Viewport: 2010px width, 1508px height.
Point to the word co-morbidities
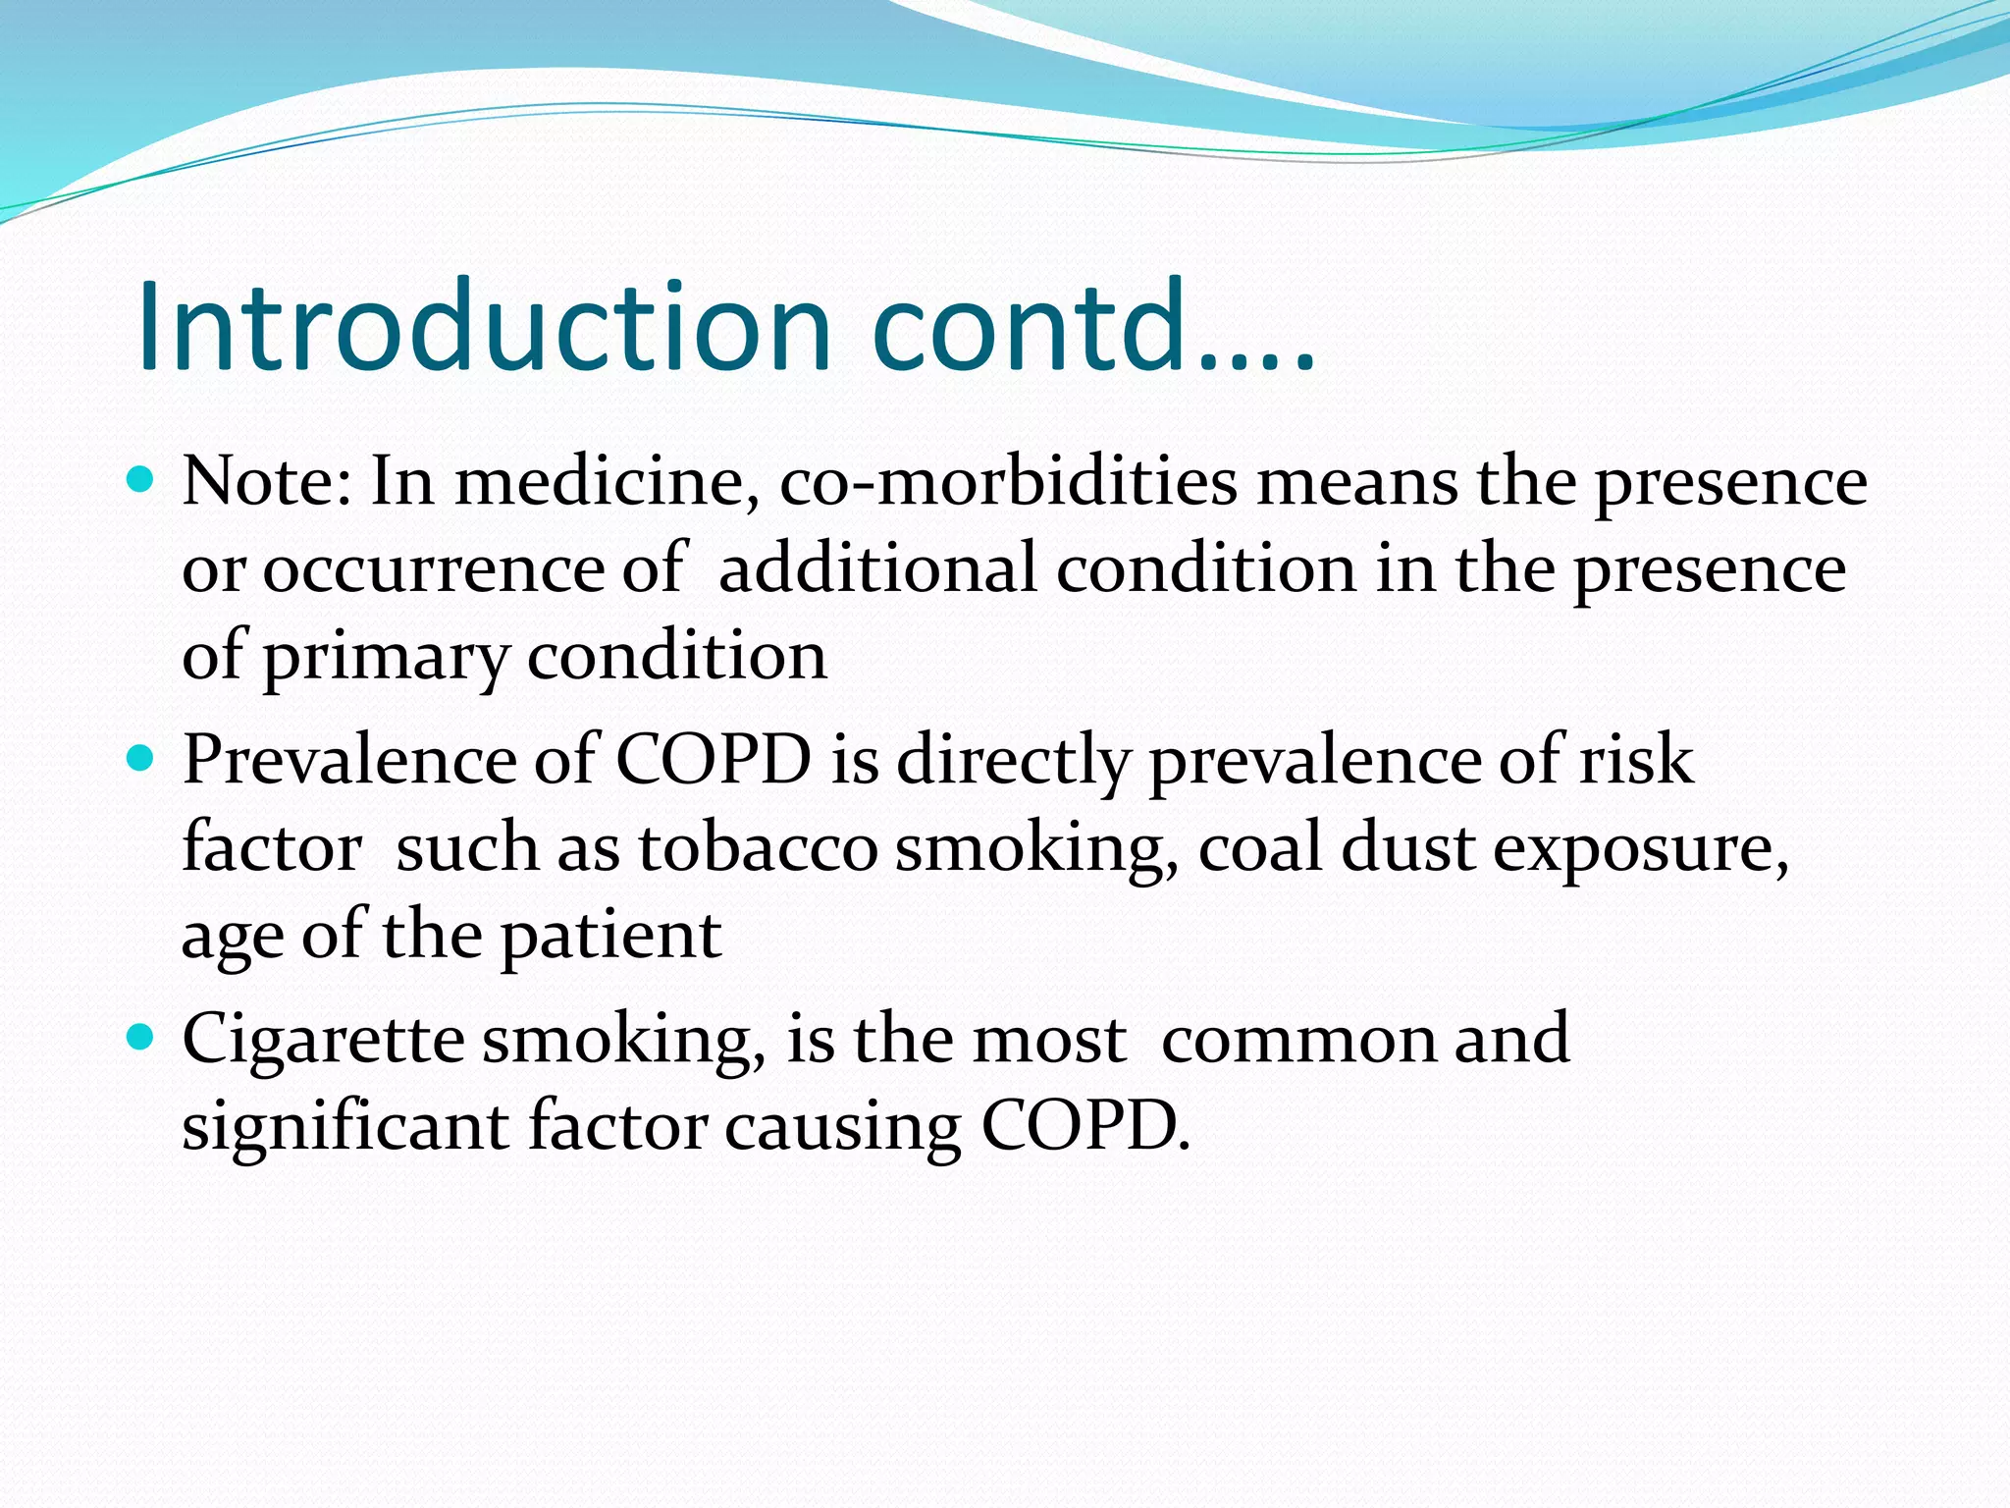[x=1008, y=482]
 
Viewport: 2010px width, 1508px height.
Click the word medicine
[x=606, y=482]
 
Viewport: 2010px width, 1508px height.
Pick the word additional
[x=877, y=568]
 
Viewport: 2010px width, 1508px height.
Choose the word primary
[x=385, y=657]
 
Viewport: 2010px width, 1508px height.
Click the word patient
[x=610, y=936]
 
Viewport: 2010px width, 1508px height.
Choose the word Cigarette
[x=323, y=1040]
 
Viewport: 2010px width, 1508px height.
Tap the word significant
[x=345, y=1126]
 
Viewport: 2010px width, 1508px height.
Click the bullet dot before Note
[x=141, y=479]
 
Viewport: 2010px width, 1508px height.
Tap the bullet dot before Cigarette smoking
[x=141, y=1036]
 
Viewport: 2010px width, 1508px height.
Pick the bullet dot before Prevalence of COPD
[x=141, y=758]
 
